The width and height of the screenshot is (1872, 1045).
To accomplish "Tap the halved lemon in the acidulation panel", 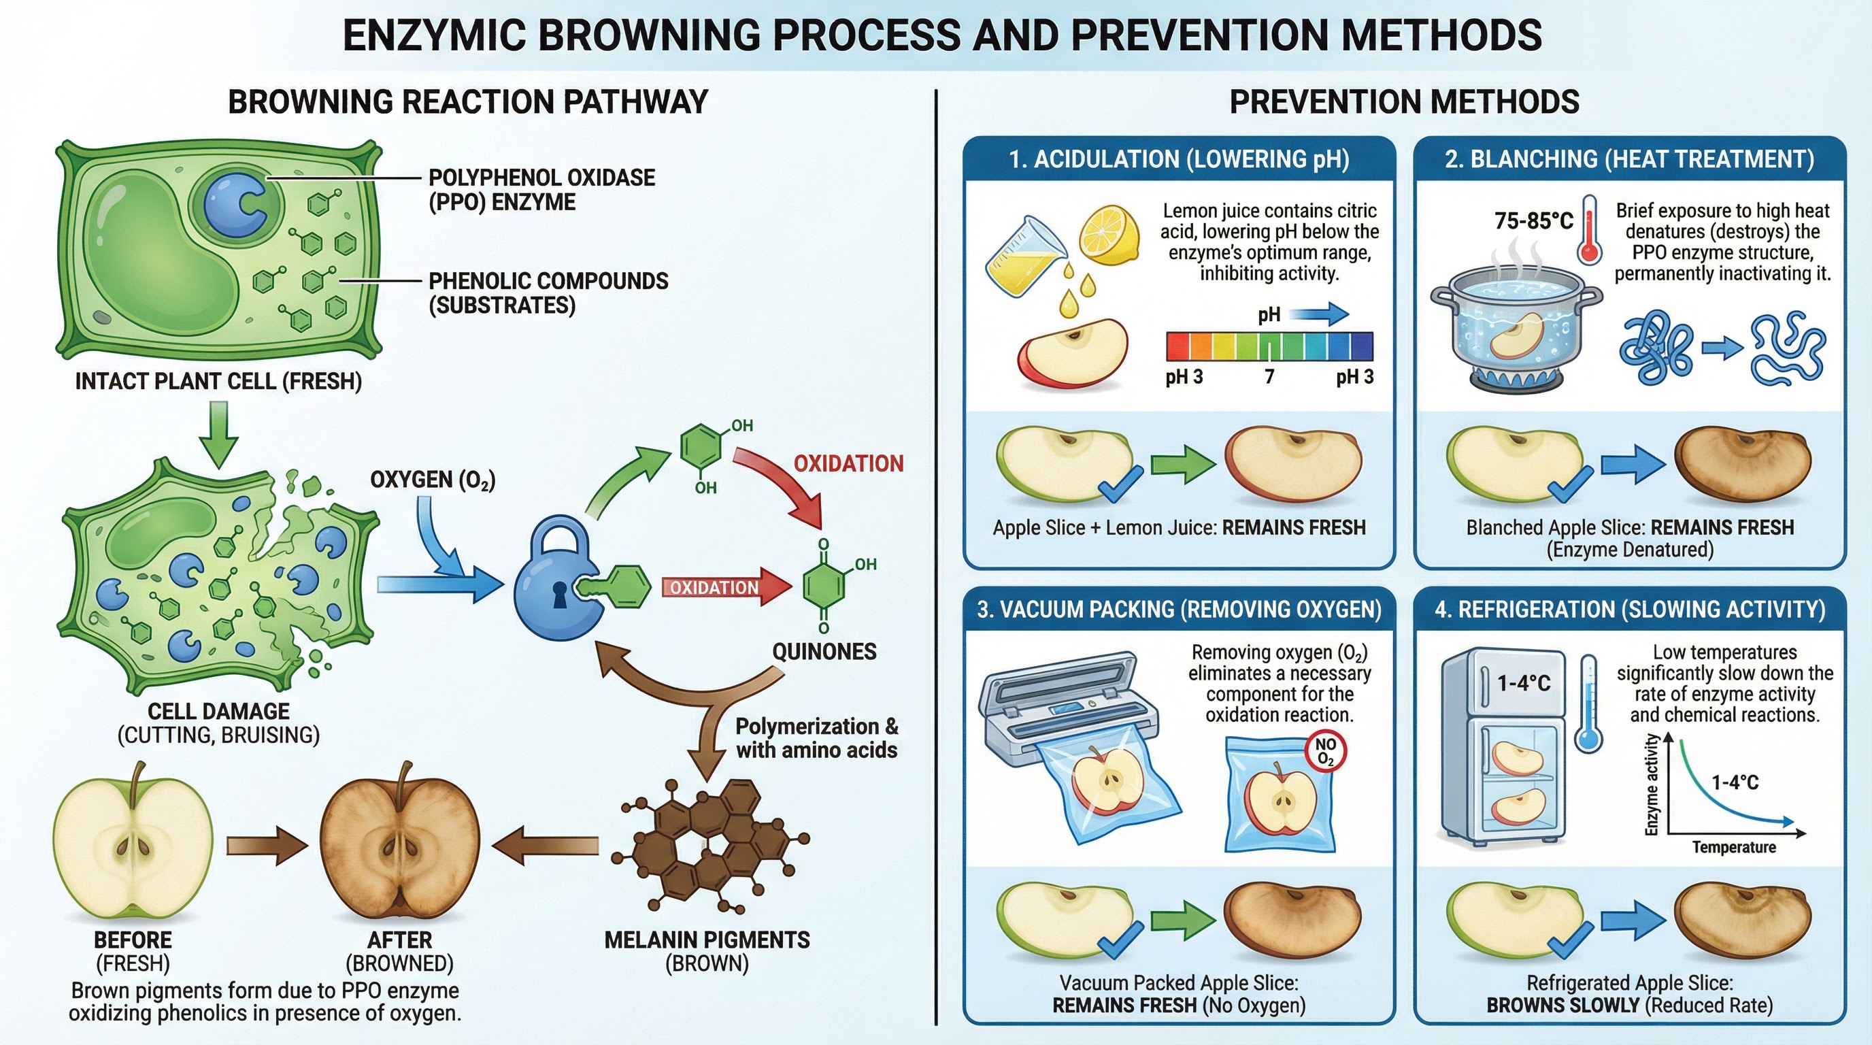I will point(1107,235).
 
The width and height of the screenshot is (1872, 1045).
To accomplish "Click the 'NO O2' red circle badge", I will point(1326,750).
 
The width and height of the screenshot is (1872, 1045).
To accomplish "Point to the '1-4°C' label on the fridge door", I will point(1524,683).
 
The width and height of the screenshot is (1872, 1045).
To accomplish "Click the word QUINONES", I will point(824,651).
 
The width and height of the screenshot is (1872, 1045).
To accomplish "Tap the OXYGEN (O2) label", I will point(433,480).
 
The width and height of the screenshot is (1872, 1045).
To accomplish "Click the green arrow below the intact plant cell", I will point(219,433).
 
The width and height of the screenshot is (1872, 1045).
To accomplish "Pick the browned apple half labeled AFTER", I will point(400,843).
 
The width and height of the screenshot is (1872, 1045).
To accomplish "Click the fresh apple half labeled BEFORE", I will point(133,843).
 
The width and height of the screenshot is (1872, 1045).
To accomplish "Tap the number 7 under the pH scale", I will point(1269,376).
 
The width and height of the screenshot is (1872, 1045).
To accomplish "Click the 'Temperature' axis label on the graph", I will point(1733,847).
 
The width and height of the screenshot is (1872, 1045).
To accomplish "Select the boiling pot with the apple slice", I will point(1515,327).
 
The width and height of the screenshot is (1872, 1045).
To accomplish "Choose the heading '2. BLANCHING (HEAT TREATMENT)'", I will point(1629,159).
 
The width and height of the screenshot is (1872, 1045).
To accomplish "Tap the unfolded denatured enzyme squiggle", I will point(1788,349).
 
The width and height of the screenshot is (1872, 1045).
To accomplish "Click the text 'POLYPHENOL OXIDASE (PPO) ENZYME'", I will point(541,189).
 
